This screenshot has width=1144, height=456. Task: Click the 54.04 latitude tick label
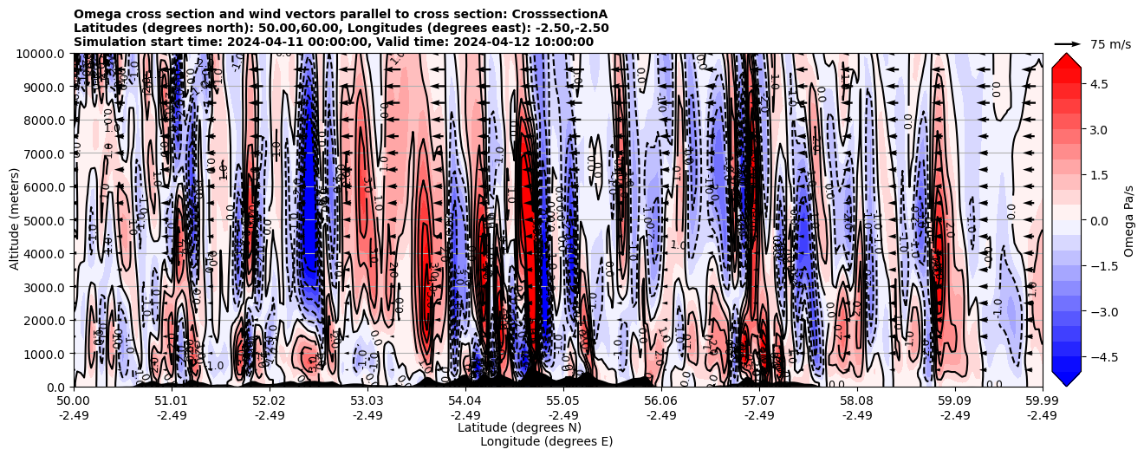tap(465, 401)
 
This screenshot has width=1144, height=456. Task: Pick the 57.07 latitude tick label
tap(758, 401)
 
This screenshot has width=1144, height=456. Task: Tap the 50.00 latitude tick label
tap(73, 401)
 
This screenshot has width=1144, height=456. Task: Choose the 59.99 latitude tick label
tap(1042, 401)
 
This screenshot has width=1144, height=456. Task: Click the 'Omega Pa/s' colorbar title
tap(1128, 220)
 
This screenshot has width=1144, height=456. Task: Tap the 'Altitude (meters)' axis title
tap(15, 219)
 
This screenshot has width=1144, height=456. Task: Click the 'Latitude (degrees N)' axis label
tap(519, 427)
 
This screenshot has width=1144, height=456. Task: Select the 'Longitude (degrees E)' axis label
tap(546, 441)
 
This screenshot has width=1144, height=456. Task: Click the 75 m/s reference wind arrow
tap(1067, 43)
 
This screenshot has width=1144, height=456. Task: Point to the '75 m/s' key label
tap(1110, 44)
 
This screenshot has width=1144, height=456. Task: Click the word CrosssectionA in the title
tap(561, 14)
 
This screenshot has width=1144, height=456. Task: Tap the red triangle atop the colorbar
tap(1066, 60)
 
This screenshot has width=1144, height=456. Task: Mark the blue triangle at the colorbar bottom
tap(1066, 379)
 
